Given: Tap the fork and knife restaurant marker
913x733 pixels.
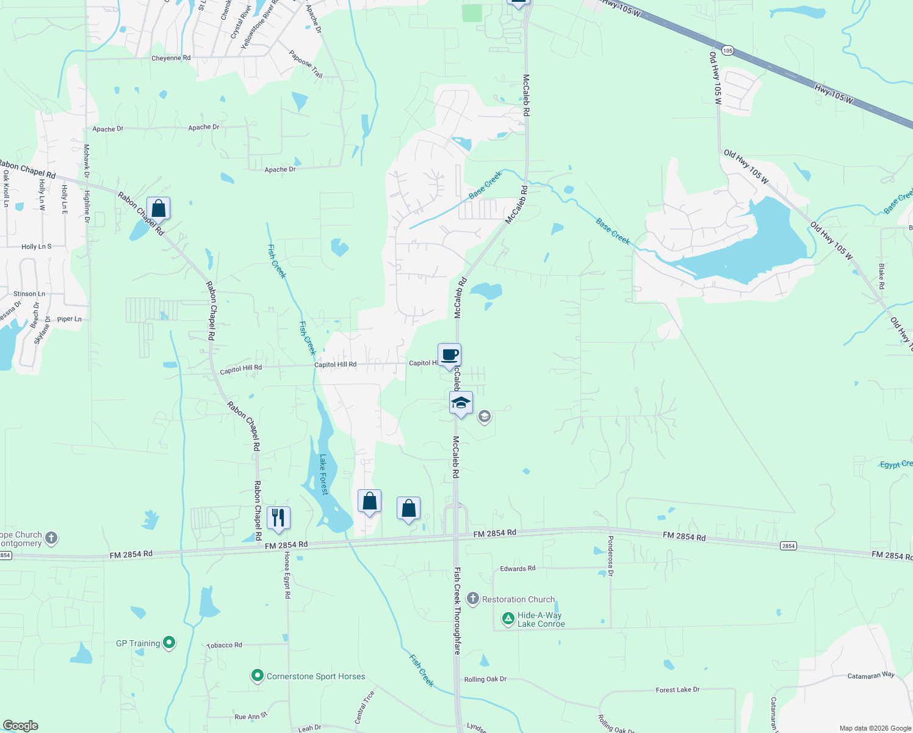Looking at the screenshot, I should (278, 518).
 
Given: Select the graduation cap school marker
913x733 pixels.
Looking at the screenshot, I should (461, 403).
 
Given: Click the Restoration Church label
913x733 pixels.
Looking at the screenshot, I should (518, 599).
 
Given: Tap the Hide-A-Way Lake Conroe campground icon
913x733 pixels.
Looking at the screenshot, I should (508, 619).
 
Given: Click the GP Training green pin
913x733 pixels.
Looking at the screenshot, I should (170, 643).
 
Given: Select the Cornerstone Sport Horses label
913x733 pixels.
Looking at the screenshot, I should (316, 676).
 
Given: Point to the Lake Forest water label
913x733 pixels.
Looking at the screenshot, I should (323, 474).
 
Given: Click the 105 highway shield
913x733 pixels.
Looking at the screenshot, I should (727, 50).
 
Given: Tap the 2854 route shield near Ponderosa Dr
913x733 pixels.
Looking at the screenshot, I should (788, 545).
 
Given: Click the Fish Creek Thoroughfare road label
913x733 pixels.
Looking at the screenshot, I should (457, 611).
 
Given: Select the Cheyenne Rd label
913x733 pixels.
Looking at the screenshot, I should (171, 58).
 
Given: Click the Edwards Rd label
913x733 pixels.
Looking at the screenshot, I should (518, 569).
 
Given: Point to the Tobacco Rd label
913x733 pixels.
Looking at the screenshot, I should (224, 645).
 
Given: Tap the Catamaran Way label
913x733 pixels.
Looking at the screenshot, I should (871, 676).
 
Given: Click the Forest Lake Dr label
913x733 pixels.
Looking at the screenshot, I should (677, 690).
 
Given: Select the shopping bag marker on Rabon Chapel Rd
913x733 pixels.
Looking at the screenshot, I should (158, 209).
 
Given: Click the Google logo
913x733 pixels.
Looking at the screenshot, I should (21, 726).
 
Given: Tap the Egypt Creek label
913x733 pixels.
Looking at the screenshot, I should (896, 464).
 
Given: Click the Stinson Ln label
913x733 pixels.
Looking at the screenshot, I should (29, 294).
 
